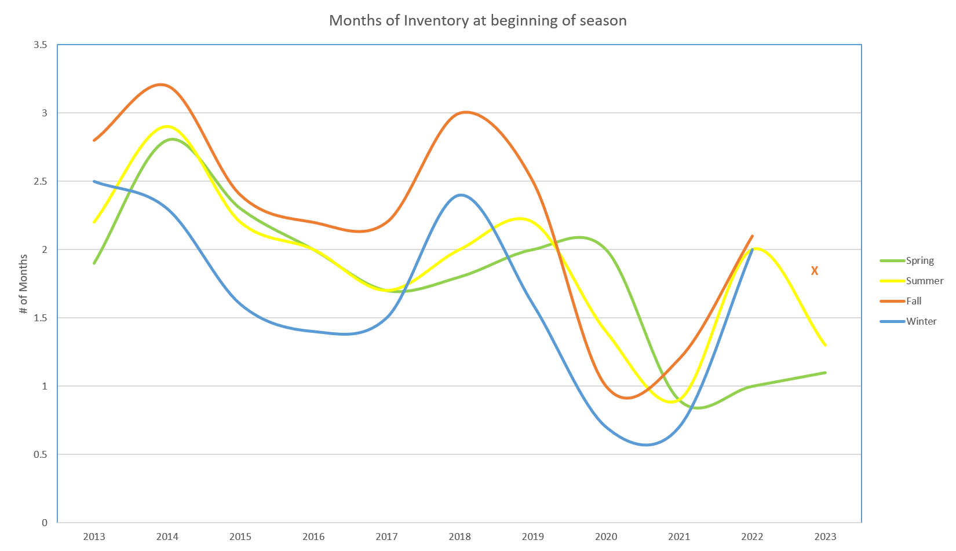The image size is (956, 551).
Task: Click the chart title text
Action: pyautogui.click(x=477, y=21)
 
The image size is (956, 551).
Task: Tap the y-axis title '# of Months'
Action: pyautogui.click(x=24, y=284)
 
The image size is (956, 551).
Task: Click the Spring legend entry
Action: pyautogui.click(x=919, y=261)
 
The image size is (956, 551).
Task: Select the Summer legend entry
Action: pyautogui.click(x=924, y=281)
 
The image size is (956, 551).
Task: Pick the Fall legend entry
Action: pyautogui.click(x=913, y=301)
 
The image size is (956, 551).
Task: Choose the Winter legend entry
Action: pyautogui.click(x=921, y=321)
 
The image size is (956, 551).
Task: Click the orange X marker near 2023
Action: pyautogui.click(x=814, y=271)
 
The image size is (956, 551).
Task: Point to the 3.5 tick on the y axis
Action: pyautogui.click(x=41, y=45)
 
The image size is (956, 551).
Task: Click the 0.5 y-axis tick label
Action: pyautogui.click(x=41, y=455)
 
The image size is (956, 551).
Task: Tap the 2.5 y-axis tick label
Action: pyautogui.click(x=41, y=182)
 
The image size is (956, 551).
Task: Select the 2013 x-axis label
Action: pyautogui.click(x=94, y=537)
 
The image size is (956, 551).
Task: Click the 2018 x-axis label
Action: pyautogui.click(x=459, y=537)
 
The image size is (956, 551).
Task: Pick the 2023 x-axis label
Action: pyautogui.click(x=825, y=537)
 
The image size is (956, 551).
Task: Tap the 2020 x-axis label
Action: pyautogui.click(x=606, y=537)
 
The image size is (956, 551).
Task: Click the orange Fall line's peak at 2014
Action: pyautogui.click(x=162, y=85)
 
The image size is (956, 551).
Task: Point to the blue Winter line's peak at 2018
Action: pyautogui.click(x=461, y=195)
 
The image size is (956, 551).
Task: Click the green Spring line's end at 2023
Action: pyautogui.click(x=824, y=373)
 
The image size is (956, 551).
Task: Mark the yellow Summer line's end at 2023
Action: pyautogui.click(x=824, y=345)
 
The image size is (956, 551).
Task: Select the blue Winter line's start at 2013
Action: pyautogui.click(x=94, y=182)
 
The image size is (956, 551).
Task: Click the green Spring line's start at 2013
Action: pyautogui.click(x=94, y=263)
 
